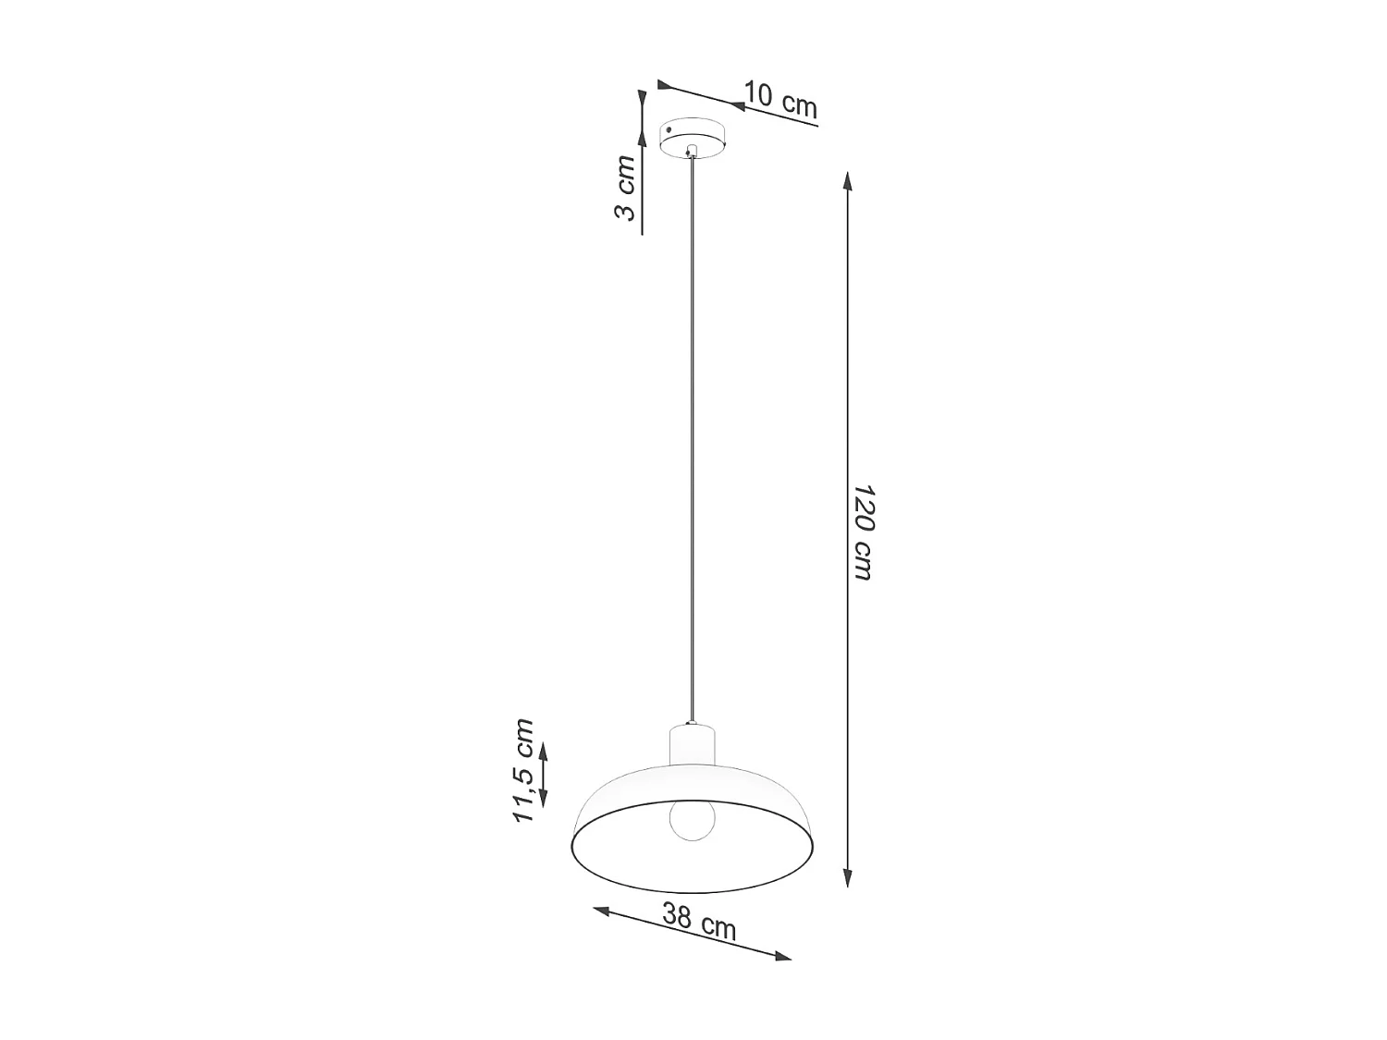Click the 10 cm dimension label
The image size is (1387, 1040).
coord(781,100)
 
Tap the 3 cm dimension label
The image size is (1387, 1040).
coord(626,189)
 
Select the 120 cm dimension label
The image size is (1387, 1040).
coord(862,532)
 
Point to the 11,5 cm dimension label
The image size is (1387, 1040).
coord(523,770)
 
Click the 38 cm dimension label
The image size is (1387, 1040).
coord(699,922)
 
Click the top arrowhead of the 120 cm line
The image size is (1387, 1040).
coord(847,180)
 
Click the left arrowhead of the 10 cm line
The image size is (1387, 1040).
coord(663,85)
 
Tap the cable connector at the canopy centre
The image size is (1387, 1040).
coord(692,151)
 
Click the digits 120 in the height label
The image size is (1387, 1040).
coord(863,507)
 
